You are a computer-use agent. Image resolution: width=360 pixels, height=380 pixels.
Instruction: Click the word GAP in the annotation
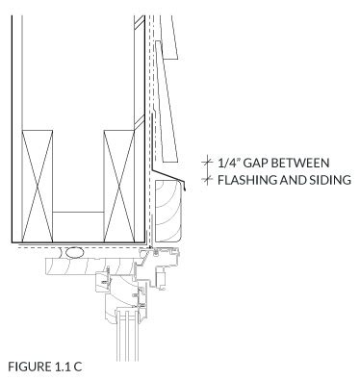pos(256,163)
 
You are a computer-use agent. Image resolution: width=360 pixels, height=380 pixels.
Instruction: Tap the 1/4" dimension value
pos(229,163)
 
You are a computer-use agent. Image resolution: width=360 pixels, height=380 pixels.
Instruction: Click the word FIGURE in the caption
pos(28,367)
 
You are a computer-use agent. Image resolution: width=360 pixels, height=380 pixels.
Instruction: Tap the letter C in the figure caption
pos(77,367)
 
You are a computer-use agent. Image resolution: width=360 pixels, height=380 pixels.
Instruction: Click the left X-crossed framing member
pos(37,186)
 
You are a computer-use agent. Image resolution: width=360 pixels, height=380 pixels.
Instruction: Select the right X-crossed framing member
pos(119,186)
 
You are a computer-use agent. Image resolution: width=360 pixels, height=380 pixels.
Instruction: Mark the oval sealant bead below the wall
pos(75,253)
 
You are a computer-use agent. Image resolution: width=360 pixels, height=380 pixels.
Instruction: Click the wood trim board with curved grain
pos(168,211)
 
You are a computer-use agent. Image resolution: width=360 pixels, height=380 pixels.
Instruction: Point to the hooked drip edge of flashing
pos(186,188)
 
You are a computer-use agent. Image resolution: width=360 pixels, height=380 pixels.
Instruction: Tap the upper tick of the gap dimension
pos(207,162)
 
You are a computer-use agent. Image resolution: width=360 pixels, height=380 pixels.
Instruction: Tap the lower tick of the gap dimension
pos(207,179)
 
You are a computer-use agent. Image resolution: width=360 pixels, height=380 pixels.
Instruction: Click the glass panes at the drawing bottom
pos(128,336)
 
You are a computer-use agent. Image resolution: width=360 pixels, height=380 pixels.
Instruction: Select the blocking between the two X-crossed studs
pos(78,227)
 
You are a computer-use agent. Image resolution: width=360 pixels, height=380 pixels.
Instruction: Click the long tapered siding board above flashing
pos(167,101)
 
